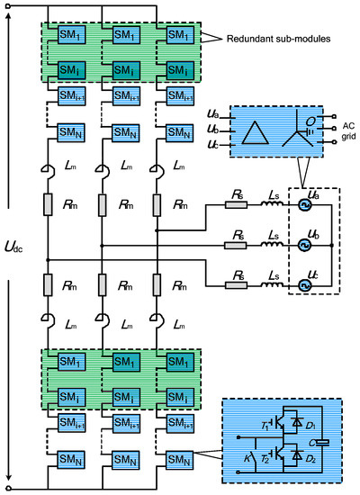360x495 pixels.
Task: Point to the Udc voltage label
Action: click(21, 243)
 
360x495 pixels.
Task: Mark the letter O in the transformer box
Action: click(310, 121)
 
